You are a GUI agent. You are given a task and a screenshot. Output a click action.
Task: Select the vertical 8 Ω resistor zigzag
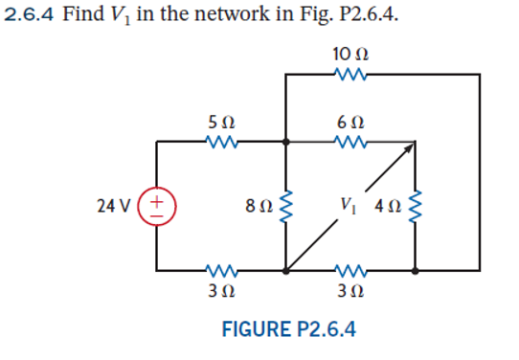click(x=285, y=206)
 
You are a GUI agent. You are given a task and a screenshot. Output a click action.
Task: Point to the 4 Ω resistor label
click(x=387, y=205)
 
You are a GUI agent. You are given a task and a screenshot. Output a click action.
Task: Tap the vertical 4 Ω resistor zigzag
click(x=415, y=206)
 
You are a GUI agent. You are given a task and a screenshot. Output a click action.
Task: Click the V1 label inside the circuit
click(x=348, y=205)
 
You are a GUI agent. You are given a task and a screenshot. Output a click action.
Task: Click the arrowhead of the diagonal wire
click(x=410, y=147)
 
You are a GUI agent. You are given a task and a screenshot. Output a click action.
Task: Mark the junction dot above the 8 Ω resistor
click(x=286, y=143)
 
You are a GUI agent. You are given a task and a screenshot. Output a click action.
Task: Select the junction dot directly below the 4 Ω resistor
click(x=415, y=271)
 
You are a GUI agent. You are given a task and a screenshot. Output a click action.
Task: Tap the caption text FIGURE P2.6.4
click(x=288, y=330)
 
